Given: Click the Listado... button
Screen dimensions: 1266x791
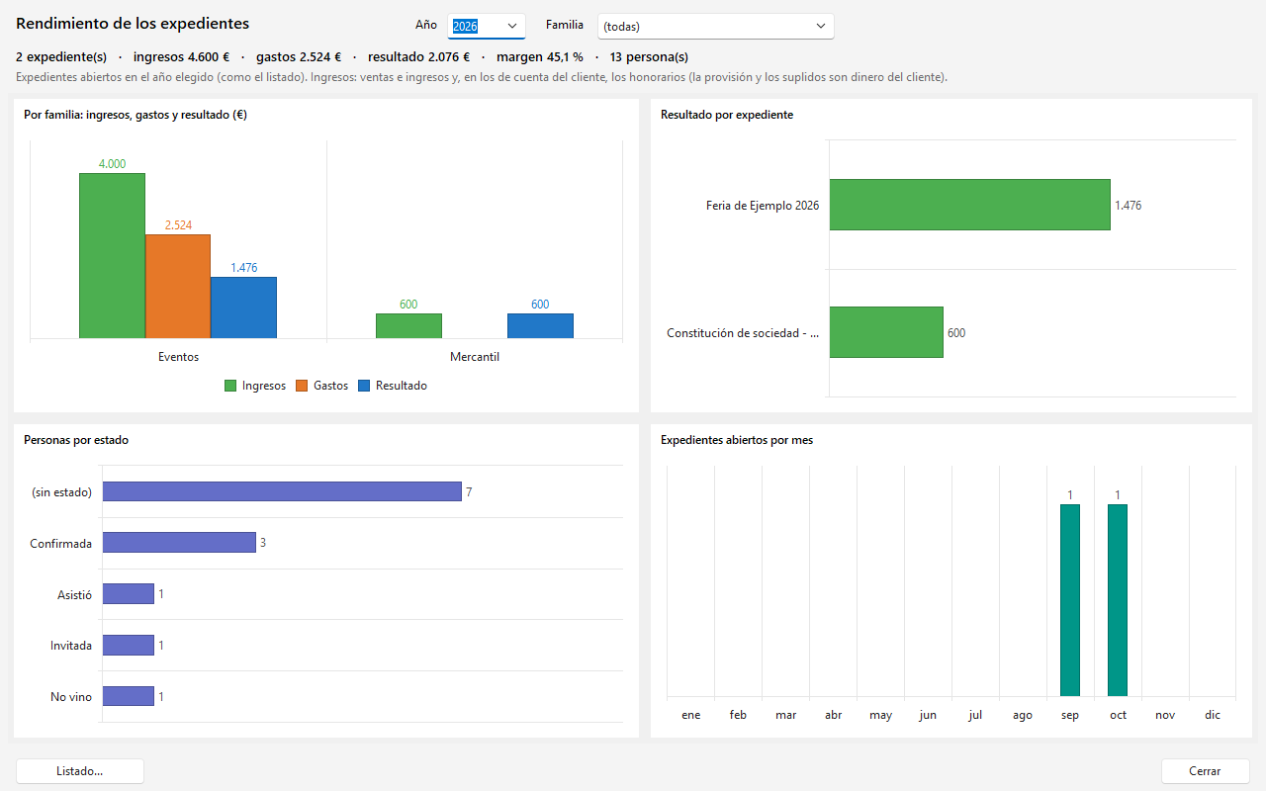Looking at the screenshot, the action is tap(80, 770).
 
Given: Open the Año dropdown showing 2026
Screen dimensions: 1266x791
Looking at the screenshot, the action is tap(486, 26).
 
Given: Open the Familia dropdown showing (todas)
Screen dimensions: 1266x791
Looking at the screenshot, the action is tap(715, 26).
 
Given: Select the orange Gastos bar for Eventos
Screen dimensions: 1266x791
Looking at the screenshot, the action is tap(178, 287).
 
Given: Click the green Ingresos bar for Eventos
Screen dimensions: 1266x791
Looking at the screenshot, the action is tap(112, 256).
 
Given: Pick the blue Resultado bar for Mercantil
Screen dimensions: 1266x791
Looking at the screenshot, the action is tap(540, 326).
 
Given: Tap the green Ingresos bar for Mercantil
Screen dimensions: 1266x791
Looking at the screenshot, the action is tap(408, 326).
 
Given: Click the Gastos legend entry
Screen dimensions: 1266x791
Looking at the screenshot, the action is tap(322, 386).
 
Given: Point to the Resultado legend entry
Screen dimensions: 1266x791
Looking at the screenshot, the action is tap(393, 386).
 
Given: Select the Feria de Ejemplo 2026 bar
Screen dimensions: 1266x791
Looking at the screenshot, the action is tap(970, 205).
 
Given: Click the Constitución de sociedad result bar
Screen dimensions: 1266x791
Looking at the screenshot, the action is tap(886, 332).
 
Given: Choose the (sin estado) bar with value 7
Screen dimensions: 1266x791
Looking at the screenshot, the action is tap(282, 491).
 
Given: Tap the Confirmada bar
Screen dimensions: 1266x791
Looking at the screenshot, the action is tap(179, 543).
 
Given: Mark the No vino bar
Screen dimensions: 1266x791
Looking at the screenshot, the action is tap(129, 696).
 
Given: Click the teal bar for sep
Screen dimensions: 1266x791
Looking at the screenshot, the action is tap(1070, 600).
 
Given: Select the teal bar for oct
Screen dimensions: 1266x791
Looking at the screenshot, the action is tap(1118, 600).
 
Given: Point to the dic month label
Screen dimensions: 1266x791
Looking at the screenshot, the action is tap(1213, 715).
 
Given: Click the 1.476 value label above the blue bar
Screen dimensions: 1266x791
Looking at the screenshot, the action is tap(243, 267).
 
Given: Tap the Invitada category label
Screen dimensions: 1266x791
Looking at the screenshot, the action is tap(70, 646).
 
